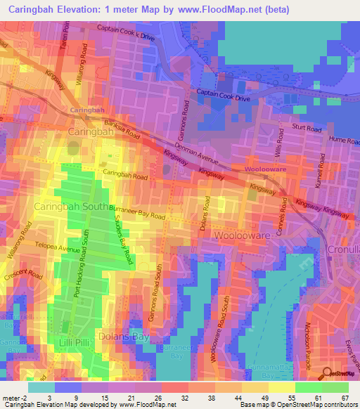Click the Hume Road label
[343, 140]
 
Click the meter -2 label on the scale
[14, 398]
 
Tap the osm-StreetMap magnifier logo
[328, 372]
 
